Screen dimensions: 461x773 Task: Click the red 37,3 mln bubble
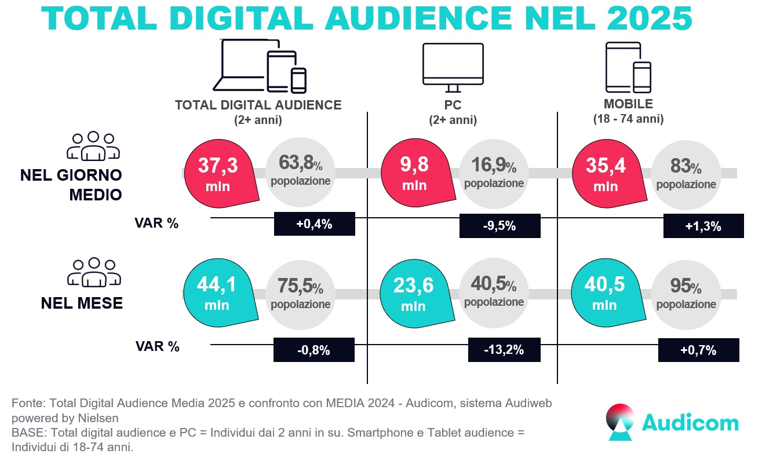point(218,174)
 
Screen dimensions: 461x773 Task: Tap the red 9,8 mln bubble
point(415,174)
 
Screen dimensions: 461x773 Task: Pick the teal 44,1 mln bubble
point(218,294)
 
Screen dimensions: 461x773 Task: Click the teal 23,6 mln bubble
point(414,294)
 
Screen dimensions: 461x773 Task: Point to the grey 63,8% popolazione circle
point(300,174)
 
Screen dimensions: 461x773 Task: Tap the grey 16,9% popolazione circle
point(494,174)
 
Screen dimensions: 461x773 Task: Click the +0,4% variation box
point(314,224)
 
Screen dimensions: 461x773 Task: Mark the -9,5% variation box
point(499,226)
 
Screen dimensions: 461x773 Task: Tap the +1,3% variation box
point(703,226)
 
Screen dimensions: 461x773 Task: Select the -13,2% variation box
point(504,349)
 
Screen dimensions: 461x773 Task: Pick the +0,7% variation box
point(699,350)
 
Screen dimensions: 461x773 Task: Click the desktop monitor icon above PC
point(453,67)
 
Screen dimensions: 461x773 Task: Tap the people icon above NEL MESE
point(93,272)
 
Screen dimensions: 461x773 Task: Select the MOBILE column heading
point(628,104)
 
